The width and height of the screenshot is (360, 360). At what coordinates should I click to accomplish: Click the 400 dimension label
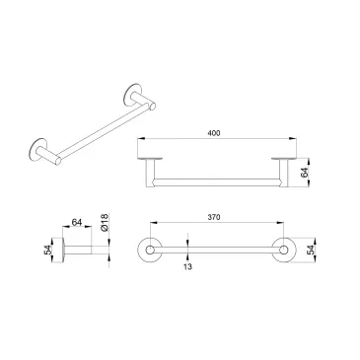coord(214,133)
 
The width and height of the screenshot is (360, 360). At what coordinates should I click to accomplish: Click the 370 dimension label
coord(214,217)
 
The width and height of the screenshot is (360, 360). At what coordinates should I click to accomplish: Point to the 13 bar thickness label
coord(187,266)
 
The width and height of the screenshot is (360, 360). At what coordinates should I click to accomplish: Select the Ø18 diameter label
coord(104,223)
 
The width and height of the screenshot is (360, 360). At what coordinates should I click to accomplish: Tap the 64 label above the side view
coord(77,223)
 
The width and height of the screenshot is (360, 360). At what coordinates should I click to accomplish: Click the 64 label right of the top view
coord(305,173)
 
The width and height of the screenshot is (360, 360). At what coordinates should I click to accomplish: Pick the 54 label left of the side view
coord(47,251)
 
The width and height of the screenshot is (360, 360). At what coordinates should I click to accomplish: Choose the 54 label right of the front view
coord(310,251)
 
